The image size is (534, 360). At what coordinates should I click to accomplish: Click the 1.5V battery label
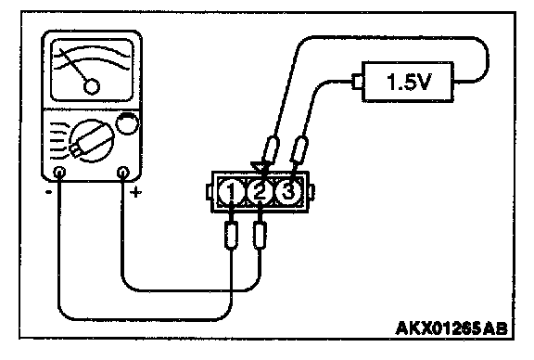[409, 82]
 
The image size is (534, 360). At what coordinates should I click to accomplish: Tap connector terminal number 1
[231, 192]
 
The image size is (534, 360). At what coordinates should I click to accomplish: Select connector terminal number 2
[260, 192]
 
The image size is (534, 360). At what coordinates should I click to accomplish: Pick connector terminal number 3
[288, 192]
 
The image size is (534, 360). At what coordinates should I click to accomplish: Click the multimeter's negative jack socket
[59, 172]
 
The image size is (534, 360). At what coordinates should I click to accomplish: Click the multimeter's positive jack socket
[123, 172]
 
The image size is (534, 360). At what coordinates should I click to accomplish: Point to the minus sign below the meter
[49, 192]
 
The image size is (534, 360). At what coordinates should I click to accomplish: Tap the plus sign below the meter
[136, 193]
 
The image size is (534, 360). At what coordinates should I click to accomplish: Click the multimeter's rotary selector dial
[91, 140]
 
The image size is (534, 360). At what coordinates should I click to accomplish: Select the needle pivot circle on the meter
[91, 86]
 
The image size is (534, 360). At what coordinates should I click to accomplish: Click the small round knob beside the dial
[127, 123]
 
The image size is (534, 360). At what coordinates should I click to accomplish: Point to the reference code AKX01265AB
[451, 328]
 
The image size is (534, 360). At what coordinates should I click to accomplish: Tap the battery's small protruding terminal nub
[357, 82]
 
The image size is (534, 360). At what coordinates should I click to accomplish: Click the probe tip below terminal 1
[231, 236]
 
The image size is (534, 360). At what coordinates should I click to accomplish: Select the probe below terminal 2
[260, 236]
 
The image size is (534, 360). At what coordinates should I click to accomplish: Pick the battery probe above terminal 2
[271, 149]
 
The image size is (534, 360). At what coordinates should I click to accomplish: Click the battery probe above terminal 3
[299, 149]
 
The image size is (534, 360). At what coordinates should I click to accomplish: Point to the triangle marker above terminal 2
[257, 166]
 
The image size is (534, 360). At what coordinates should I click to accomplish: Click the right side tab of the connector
[311, 192]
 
